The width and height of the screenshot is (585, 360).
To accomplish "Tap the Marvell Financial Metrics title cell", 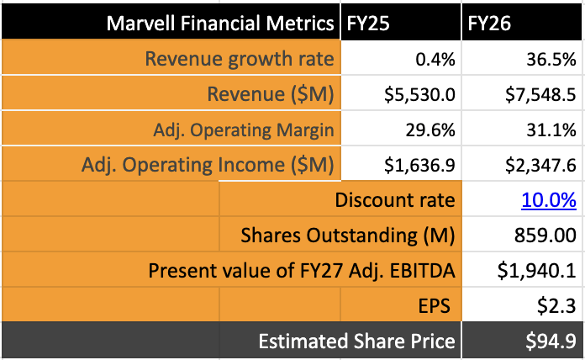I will [220, 24].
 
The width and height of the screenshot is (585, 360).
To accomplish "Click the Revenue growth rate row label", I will [240, 59].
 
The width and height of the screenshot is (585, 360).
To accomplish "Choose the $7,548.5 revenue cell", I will [536, 94].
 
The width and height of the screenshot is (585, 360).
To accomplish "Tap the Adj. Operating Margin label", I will [244, 130].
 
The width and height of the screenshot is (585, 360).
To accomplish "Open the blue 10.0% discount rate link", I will [548, 201].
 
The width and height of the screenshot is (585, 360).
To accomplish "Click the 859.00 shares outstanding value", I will [545, 236].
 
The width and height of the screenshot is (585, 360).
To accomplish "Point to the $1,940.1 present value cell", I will [536, 272].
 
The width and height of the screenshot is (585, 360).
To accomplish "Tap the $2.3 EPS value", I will [559, 307].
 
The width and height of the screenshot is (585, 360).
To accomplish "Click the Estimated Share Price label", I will [356, 341].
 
